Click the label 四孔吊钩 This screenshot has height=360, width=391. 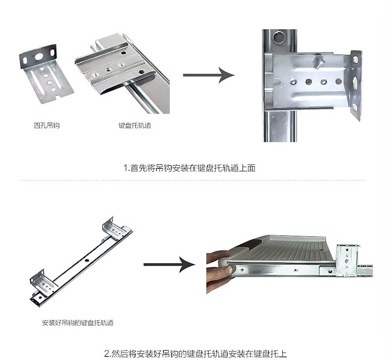pyautogui.click(x=47, y=125)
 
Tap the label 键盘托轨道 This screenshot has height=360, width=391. pyautogui.click(x=135, y=125)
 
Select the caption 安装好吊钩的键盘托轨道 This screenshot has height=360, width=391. pyautogui.click(x=78, y=323)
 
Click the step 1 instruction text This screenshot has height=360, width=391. pyautogui.click(x=190, y=168)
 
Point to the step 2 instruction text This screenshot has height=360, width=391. pyautogui.click(x=195, y=354)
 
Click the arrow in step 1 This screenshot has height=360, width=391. pyautogui.click(x=209, y=75)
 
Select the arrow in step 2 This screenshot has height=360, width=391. pyautogui.click(x=169, y=264)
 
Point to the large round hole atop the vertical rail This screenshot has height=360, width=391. pyautogui.click(x=279, y=37)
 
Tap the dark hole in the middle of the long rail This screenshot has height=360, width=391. pyautogui.click(x=87, y=260)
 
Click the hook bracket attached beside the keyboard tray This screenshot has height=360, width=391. pyautogui.click(x=346, y=260)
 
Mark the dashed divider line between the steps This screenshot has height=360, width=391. pyautogui.click(x=193, y=180)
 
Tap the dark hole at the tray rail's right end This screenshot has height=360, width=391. pyautogui.click(x=330, y=271)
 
